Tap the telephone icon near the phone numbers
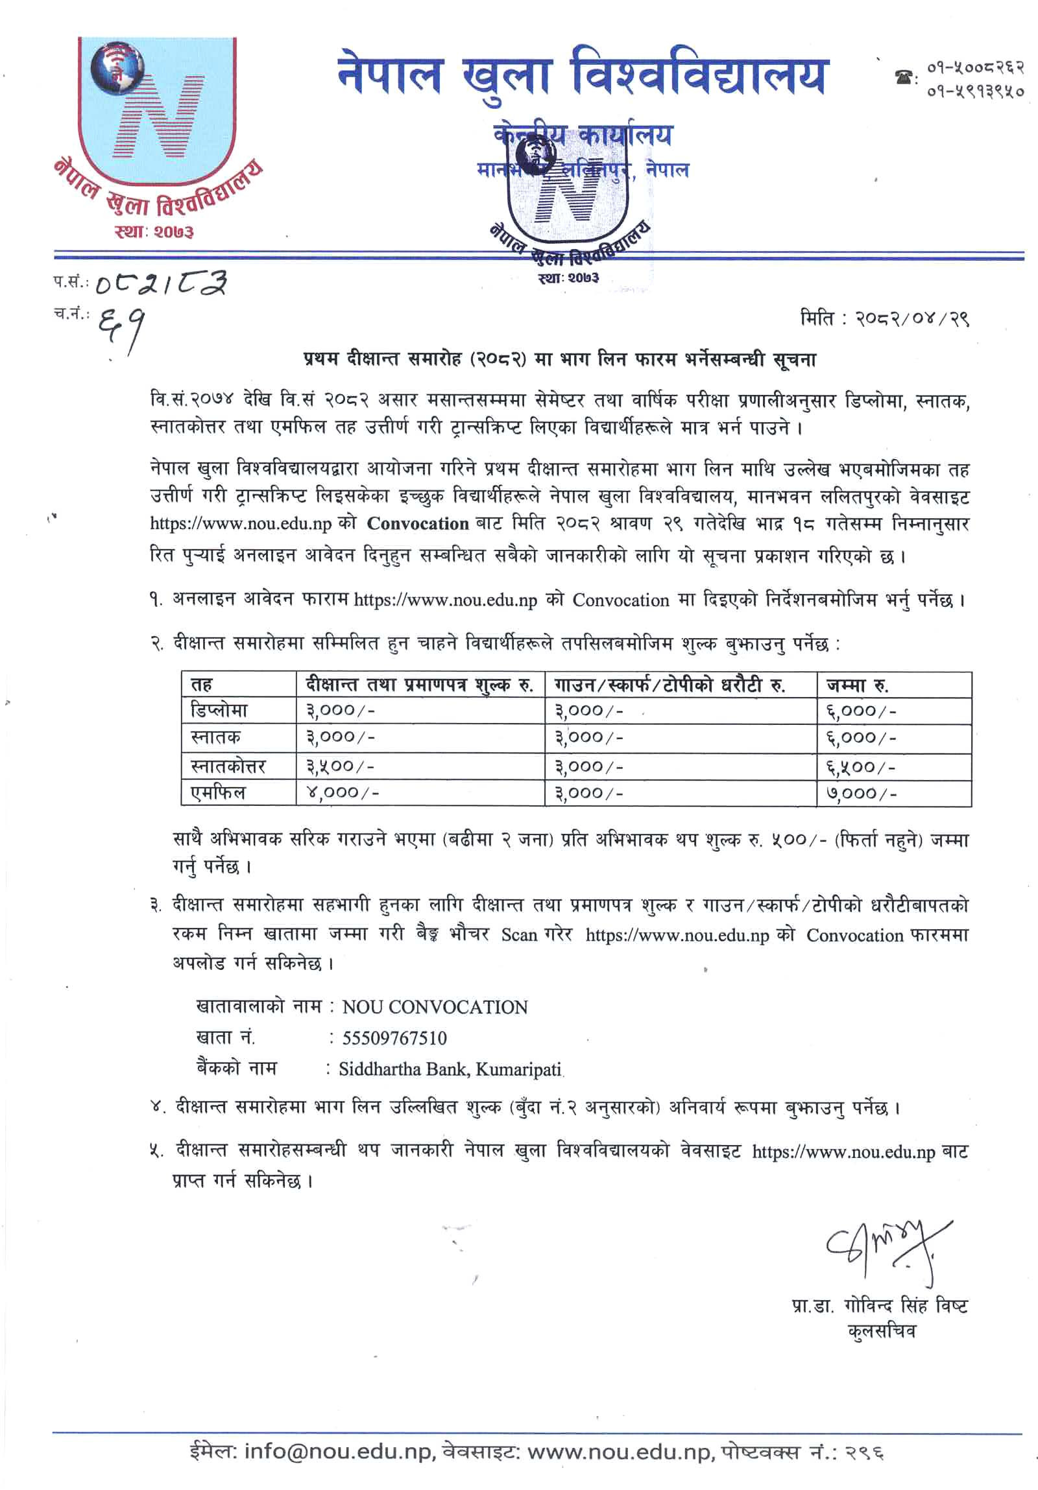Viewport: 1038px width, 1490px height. pos(904,78)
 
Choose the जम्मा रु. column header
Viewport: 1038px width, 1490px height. pos(857,685)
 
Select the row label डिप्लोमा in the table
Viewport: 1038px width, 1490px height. pos(219,711)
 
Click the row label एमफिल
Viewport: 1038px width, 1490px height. pos(218,792)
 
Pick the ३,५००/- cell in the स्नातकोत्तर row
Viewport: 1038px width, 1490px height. pos(340,766)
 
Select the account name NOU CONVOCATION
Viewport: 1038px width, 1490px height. pos(435,1007)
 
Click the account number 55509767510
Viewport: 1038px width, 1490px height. pos(394,1037)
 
